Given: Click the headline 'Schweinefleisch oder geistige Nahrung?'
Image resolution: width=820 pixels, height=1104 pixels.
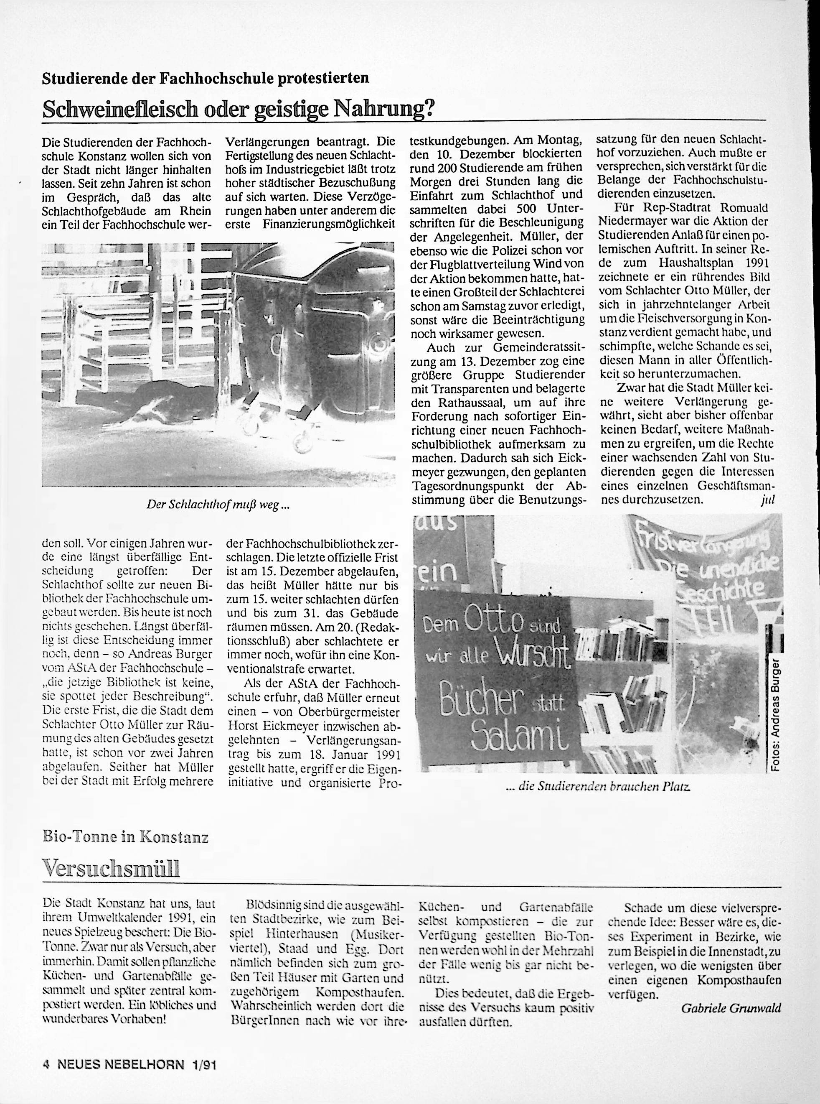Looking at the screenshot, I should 238,108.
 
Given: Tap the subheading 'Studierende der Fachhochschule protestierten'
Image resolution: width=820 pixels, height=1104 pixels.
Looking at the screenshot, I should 206,78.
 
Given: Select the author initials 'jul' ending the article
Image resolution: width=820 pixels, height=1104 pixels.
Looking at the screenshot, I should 767,500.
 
